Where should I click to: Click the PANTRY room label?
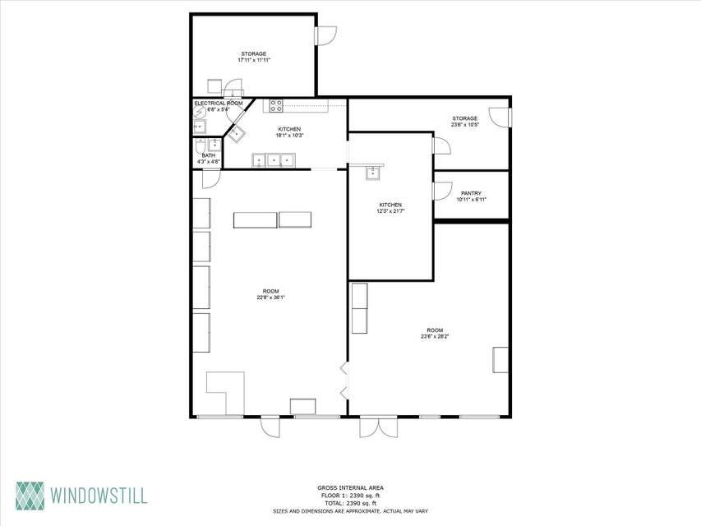click(x=471, y=193)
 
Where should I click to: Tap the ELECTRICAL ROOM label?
click(x=218, y=104)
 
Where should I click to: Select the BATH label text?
click(x=209, y=155)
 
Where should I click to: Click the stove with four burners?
click(x=274, y=105)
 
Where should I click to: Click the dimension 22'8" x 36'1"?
click(x=270, y=298)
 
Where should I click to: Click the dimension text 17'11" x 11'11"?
click(x=253, y=60)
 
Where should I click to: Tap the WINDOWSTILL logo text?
click(x=99, y=496)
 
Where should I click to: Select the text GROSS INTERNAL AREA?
click(x=350, y=488)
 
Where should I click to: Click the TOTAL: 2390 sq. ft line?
click(x=350, y=503)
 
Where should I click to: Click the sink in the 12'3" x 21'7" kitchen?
click(x=373, y=172)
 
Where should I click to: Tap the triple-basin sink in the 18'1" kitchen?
click(x=273, y=160)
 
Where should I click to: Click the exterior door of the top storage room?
click(x=326, y=35)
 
